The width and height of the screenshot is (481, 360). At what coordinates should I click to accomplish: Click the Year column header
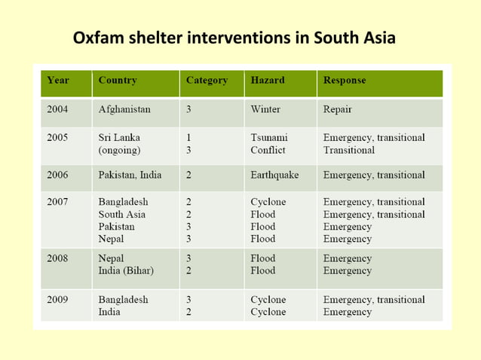pos(58,80)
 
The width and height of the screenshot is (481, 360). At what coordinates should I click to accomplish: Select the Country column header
pos(117,80)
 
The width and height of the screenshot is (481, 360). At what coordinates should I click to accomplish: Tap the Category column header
pos(207,80)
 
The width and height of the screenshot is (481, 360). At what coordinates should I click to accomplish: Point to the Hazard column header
pos(267,80)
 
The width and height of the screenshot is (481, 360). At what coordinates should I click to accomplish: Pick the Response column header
pos(345,80)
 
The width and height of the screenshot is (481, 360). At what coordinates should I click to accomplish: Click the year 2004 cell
pos(57,109)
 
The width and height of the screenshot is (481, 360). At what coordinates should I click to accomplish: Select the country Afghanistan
pos(124,109)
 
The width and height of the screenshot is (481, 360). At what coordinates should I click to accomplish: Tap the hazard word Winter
pos(265,109)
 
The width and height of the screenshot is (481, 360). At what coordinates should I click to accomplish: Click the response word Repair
pos(337,109)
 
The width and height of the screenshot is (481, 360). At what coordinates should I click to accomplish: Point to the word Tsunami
pos(269,138)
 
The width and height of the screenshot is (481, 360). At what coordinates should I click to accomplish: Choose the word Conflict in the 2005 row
pos(268,150)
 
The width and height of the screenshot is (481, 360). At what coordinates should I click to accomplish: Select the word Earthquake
pos(274,175)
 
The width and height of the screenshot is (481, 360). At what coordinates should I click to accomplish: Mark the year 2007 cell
pos(57,202)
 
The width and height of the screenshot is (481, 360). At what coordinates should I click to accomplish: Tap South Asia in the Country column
pos(122,214)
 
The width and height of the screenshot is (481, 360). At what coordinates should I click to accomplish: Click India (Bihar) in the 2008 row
pos(126,270)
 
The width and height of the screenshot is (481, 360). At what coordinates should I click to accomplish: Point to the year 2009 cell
pos(57,299)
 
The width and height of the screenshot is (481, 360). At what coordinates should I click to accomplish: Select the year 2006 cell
pos(57,175)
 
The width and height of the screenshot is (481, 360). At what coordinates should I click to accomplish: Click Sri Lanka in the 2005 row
pos(119,138)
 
